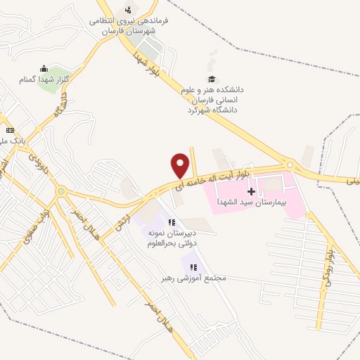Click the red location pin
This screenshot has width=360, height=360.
[x=181, y=165]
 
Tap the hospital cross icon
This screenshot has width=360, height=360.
[x=251, y=191]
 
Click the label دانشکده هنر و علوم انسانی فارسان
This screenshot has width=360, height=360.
[x=212, y=99]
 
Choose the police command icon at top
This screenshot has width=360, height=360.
[x=127, y=9]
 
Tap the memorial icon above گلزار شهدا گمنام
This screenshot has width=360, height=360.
[x=44, y=68]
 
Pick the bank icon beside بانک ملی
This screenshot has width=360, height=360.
[x=9, y=131]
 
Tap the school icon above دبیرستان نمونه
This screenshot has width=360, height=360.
[x=172, y=223]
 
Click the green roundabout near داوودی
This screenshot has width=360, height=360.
[x=61, y=191]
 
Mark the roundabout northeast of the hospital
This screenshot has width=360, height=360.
[x=290, y=165]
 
